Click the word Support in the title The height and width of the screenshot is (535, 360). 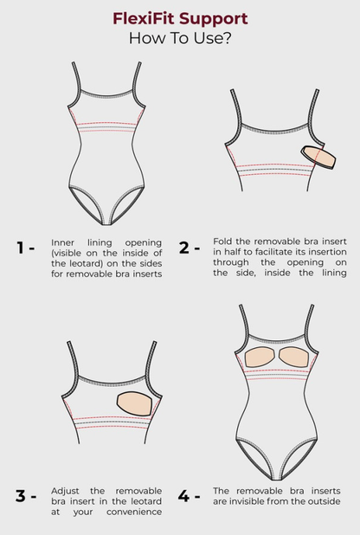pyautogui.click(x=214, y=19)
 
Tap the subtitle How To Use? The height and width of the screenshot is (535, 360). pyautogui.click(x=180, y=38)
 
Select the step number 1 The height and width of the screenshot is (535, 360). pyautogui.click(x=21, y=248)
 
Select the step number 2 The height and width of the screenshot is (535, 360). pyautogui.click(x=184, y=248)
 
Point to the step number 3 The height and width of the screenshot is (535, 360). pyautogui.click(x=20, y=495)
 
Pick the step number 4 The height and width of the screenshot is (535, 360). pyautogui.click(x=183, y=495)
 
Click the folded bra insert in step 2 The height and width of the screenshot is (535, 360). pyautogui.click(x=318, y=157)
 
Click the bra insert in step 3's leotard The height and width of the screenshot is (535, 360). pyautogui.click(x=134, y=403)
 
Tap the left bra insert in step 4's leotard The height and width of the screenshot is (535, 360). pyautogui.click(x=261, y=357)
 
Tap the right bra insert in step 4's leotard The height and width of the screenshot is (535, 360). pyautogui.click(x=293, y=357)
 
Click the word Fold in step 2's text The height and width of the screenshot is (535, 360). pyautogui.click(x=222, y=242)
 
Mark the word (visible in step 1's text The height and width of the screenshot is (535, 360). pyautogui.click(x=66, y=253)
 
